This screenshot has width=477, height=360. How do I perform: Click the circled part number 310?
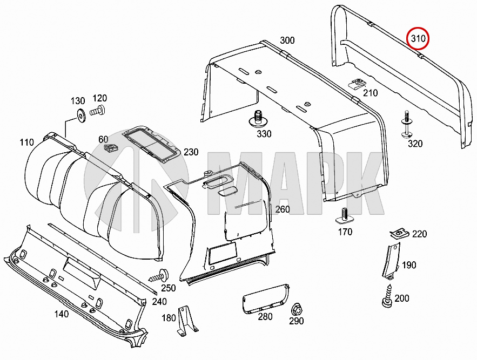point(418,38)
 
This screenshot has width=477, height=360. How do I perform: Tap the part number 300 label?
point(287,40)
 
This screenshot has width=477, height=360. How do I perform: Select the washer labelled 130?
point(80,115)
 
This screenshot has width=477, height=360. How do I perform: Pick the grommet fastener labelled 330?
point(259,118)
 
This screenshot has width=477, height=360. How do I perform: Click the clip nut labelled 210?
point(356,84)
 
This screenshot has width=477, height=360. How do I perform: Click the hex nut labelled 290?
point(297,310)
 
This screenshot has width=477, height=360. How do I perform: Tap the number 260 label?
point(282,209)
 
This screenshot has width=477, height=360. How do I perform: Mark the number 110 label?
point(26,142)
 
